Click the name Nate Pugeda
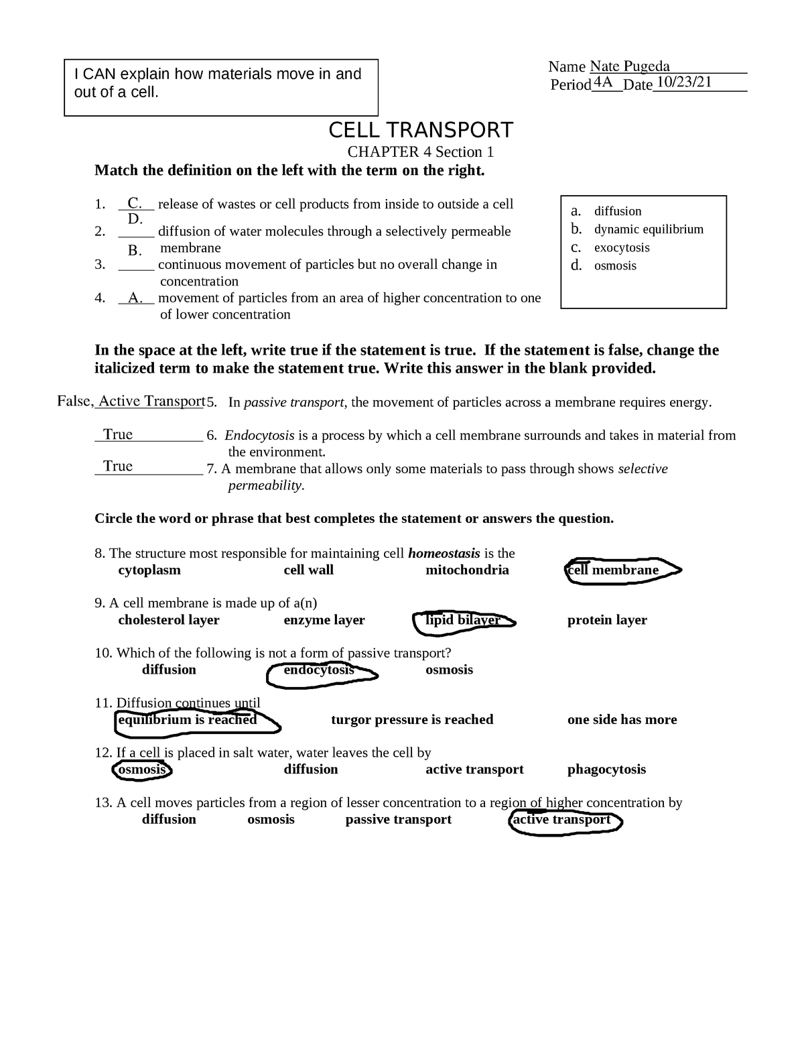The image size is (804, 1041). pos(630,66)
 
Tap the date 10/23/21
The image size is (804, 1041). pos(684,82)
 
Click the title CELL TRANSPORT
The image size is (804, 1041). pos(420,130)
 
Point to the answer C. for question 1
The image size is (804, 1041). pos(135,203)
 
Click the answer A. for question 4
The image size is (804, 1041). pos(135,298)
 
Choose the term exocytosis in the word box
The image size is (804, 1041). pos(622,247)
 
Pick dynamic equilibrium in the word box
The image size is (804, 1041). pos(649,229)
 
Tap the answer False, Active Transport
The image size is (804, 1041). pos(131,401)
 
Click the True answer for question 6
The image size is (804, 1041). pos(118,434)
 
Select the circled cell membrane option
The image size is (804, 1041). pos(613,570)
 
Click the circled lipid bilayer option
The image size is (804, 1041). pos(463,620)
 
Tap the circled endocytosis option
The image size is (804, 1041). pos(319,670)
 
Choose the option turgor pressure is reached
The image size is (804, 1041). pos(412,720)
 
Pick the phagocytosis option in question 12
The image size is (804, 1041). pos(606,770)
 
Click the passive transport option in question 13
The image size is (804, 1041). pos(398,819)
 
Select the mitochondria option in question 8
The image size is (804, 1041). pos(467,570)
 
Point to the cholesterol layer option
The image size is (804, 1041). pos(169,620)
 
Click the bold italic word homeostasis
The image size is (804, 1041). pos(444,554)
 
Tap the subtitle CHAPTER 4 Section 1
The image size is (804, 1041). pos(420,152)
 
